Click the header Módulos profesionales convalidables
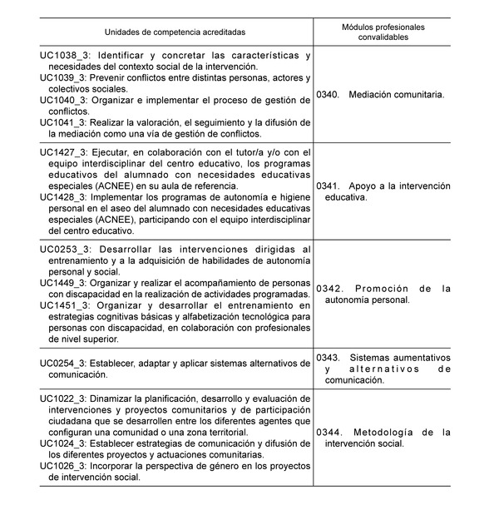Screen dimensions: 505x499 click(383, 32)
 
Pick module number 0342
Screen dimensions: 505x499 click(329, 289)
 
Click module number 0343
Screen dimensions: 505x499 click(329, 357)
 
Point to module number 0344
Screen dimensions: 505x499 click(329, 433)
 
